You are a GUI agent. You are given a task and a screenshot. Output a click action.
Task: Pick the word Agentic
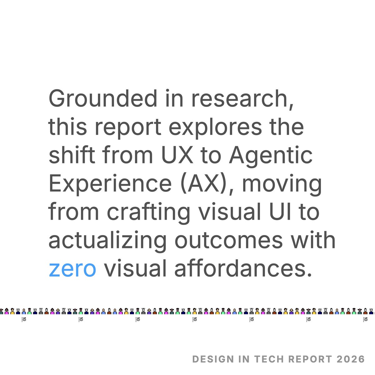tap(271, 155)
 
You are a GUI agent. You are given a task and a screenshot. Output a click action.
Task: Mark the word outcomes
tap(228, 240)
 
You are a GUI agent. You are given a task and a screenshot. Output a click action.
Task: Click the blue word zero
tap(72, 269)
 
